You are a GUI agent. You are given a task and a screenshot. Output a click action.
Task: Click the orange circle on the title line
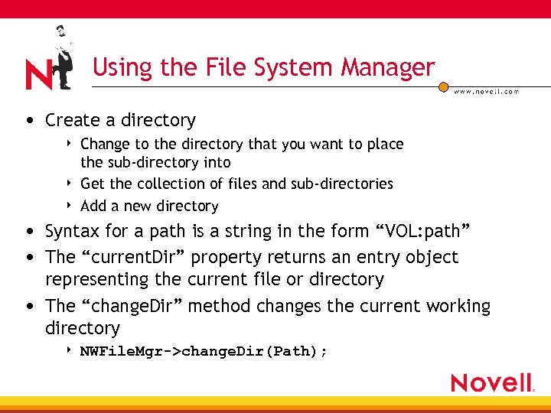[443, 88]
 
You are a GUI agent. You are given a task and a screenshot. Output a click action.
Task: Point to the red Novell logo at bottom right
[492, 382]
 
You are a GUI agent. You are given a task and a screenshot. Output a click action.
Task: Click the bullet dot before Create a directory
[28, 121]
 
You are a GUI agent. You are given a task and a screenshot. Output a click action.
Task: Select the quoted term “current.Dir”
[140, 257]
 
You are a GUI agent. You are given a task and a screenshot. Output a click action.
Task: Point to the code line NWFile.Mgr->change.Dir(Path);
[204, 351]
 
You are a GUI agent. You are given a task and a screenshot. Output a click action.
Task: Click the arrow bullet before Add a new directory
[70, 205]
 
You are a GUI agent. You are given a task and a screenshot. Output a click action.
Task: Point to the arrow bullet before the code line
[70, 350]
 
